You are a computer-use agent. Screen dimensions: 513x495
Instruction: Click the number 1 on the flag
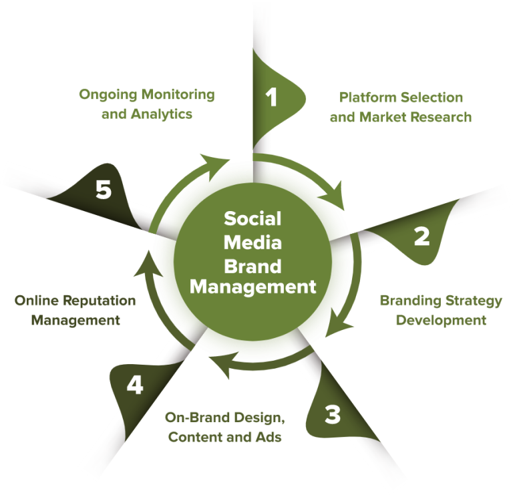click(272, 97)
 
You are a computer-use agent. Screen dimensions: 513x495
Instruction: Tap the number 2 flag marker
click(421, 236)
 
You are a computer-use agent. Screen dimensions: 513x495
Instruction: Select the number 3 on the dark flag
click(333, 415)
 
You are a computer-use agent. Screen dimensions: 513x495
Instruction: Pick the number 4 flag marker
click(135, 385)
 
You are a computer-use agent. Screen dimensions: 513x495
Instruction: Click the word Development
click(441, 320)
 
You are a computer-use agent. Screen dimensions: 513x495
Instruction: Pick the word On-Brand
click(197, 418)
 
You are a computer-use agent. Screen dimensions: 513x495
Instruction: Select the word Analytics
click(161, 114)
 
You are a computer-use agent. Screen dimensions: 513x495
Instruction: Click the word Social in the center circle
click(252, 218)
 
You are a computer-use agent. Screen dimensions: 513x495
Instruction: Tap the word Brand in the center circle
click(252, 266)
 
